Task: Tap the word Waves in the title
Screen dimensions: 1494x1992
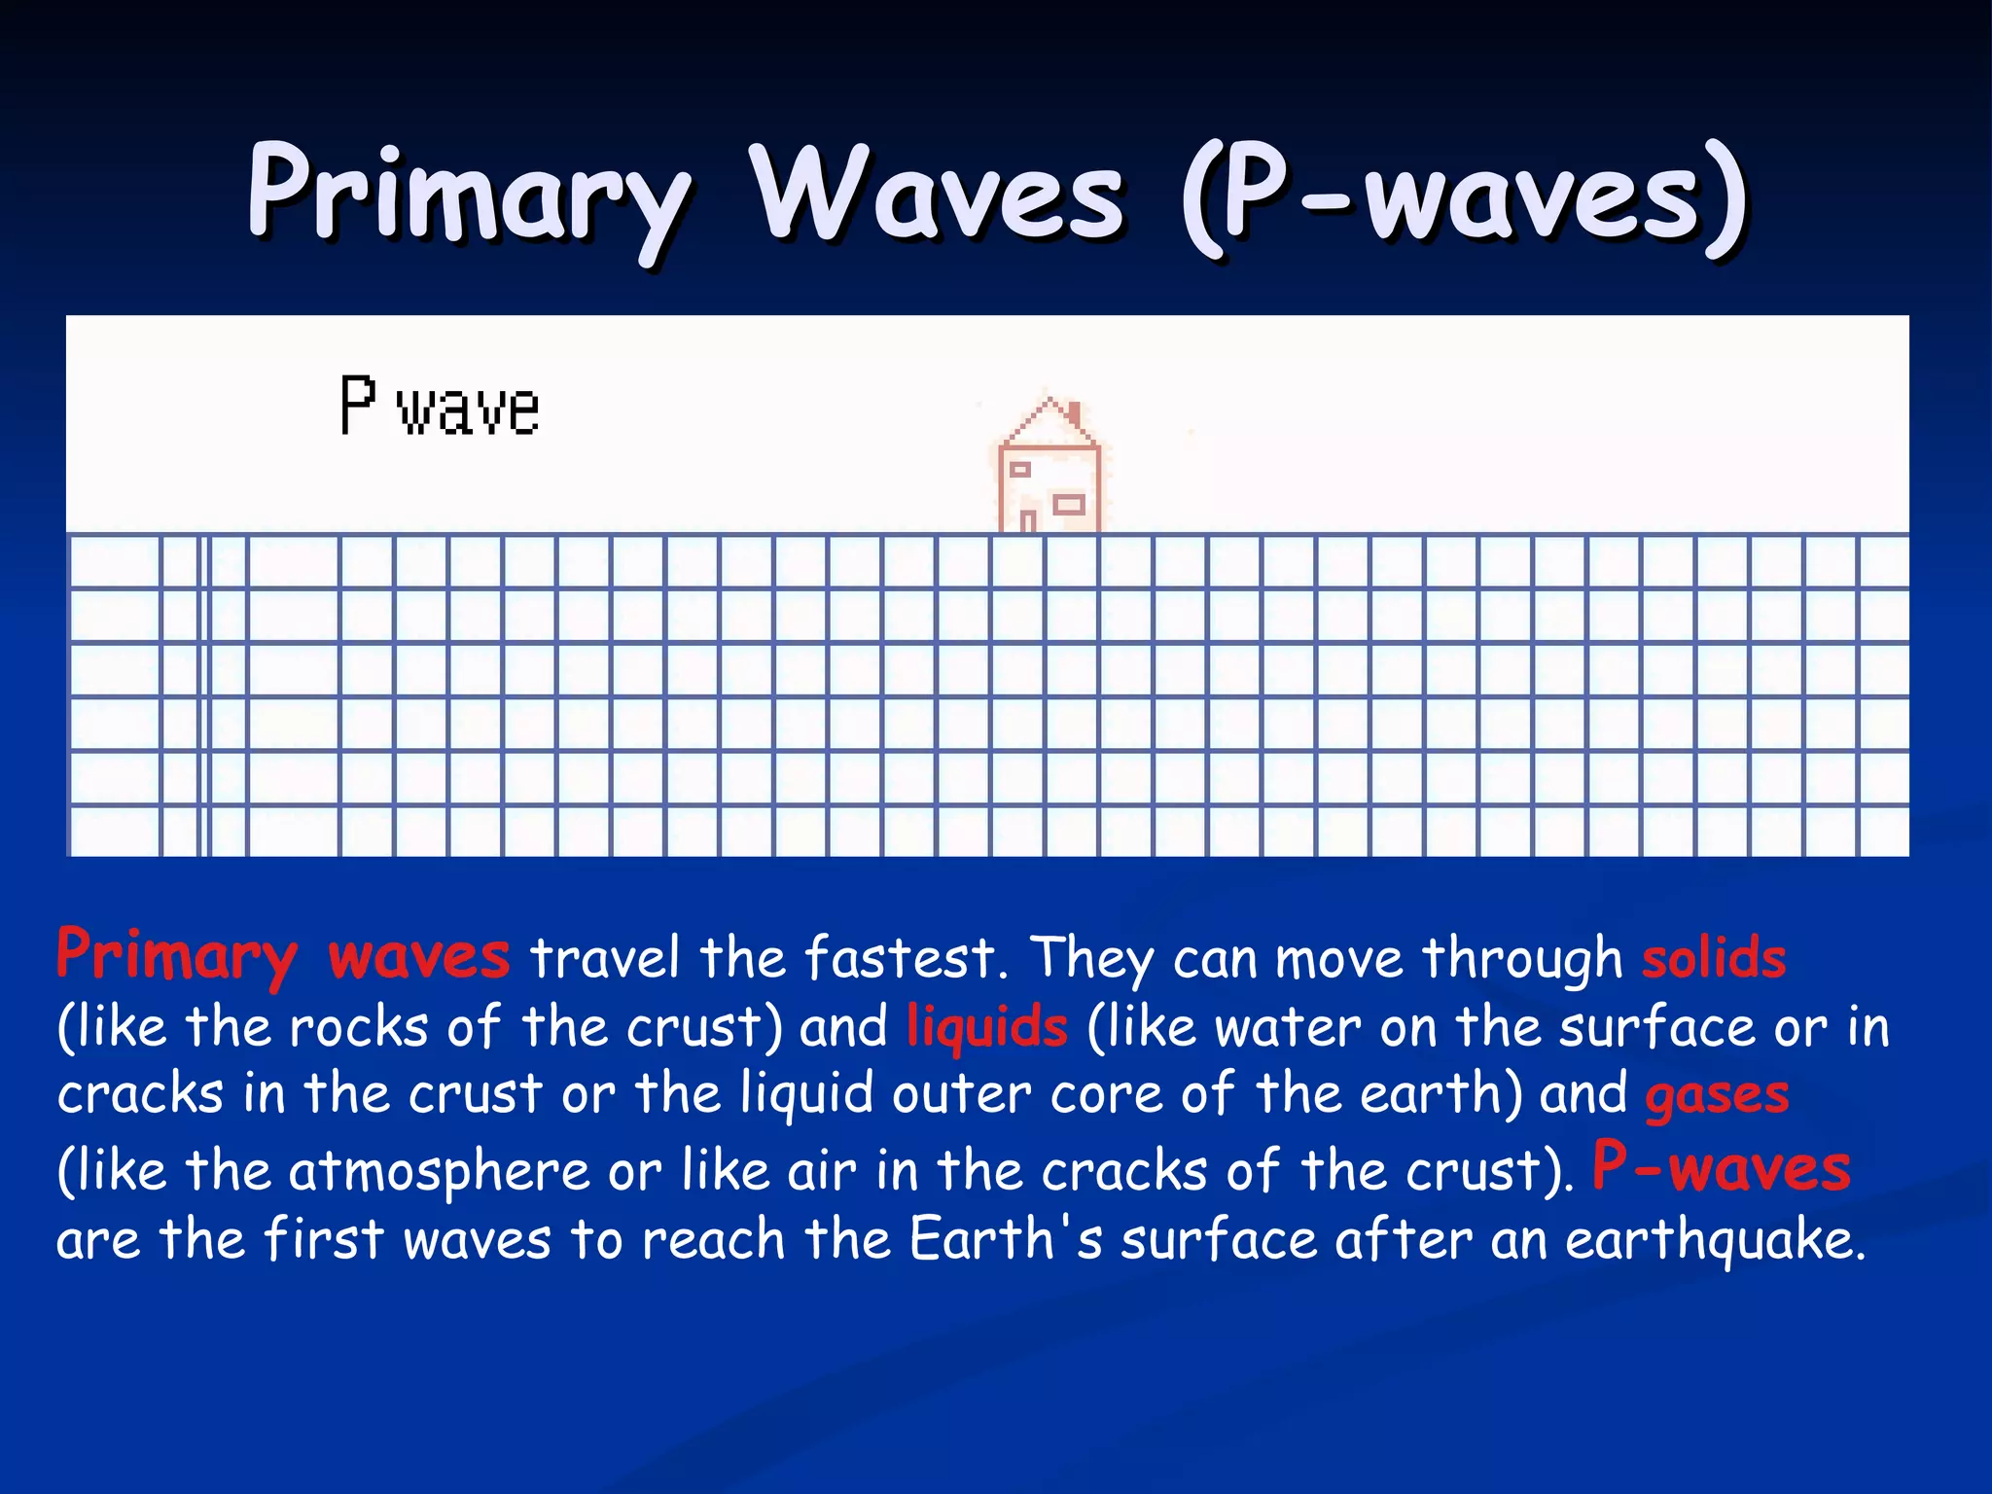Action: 940,195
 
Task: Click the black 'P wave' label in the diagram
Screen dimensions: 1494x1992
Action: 440,407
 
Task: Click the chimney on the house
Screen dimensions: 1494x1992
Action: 1075,415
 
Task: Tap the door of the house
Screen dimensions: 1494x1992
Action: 1028,519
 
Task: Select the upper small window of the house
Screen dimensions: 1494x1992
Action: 1019,470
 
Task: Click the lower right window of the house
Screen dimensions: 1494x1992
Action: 1069,504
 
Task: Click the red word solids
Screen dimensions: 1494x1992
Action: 1714,958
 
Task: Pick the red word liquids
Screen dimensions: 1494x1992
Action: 986,1027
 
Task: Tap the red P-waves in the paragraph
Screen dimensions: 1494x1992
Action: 1721,1166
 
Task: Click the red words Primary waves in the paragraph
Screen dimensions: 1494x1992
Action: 282,956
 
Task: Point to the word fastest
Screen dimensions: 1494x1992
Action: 900,958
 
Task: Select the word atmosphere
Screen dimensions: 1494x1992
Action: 439,1169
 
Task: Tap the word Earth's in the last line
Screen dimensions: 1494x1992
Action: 1006,1238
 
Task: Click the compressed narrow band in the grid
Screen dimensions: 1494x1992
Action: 204,694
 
